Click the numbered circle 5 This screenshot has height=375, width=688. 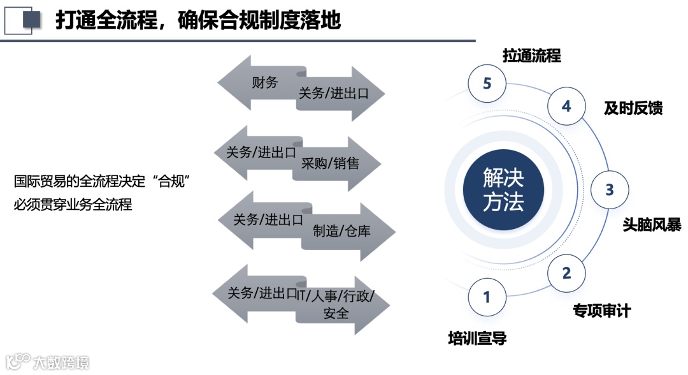[x=487, y=84]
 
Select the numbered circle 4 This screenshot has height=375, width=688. [x=566, y=106]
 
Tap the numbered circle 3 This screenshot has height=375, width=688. [x=610, y=189]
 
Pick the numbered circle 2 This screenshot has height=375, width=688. [x=566, y=273]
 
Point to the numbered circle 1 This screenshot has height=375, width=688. [x=487, y=297]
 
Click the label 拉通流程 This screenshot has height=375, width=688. [x=531, y=55]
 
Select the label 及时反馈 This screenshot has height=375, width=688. [x=633, y=108]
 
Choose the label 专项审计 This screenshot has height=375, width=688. [x=601, y=311]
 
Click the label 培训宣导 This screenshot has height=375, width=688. [x=477, y=338]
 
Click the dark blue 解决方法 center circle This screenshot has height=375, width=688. [x=503, y=190]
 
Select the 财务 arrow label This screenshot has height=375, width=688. [x=264, y=82]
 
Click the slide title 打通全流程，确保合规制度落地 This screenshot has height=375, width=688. [x=197, y=20]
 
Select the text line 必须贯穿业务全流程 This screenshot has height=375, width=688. [x=73, y=205]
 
